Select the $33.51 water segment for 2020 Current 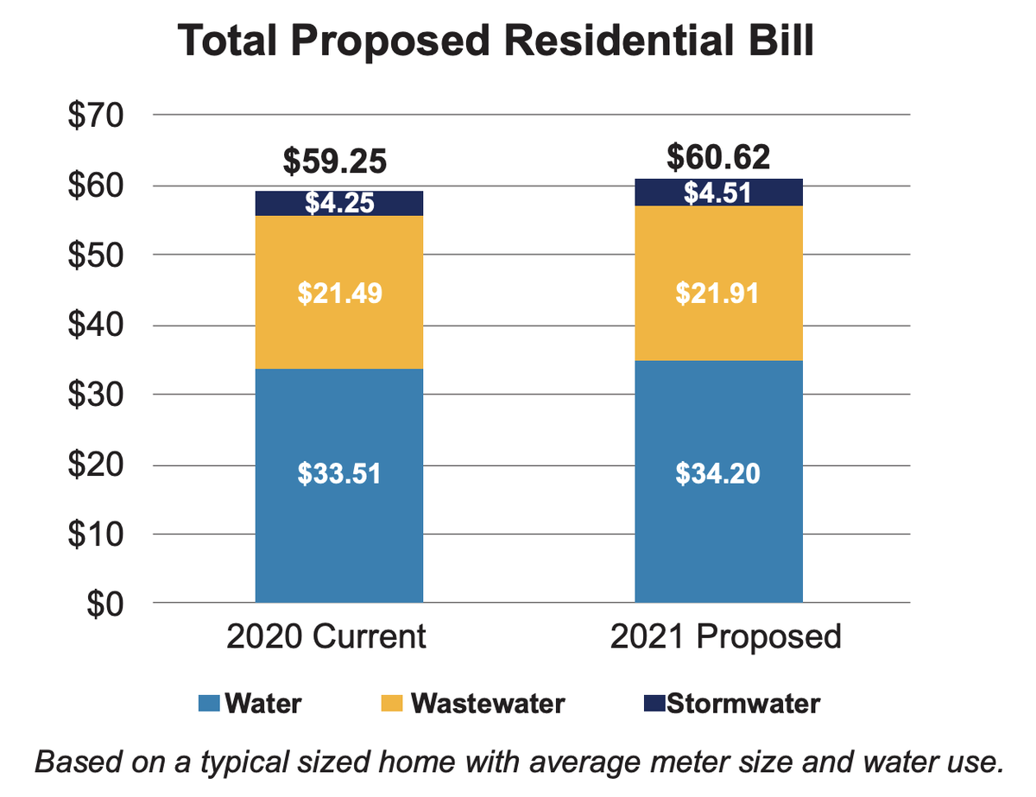(339, 484)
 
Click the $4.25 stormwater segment (339, 204)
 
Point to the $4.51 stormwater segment (718, 193)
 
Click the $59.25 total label (336, 161)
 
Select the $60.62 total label (718, 157)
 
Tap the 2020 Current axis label (326, 636)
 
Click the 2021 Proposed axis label (725, 636)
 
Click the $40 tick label (97, 326)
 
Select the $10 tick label (97, 534)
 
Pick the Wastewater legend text (488, 703)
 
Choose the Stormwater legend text (743, 703)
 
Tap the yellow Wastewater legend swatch (394, 704)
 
